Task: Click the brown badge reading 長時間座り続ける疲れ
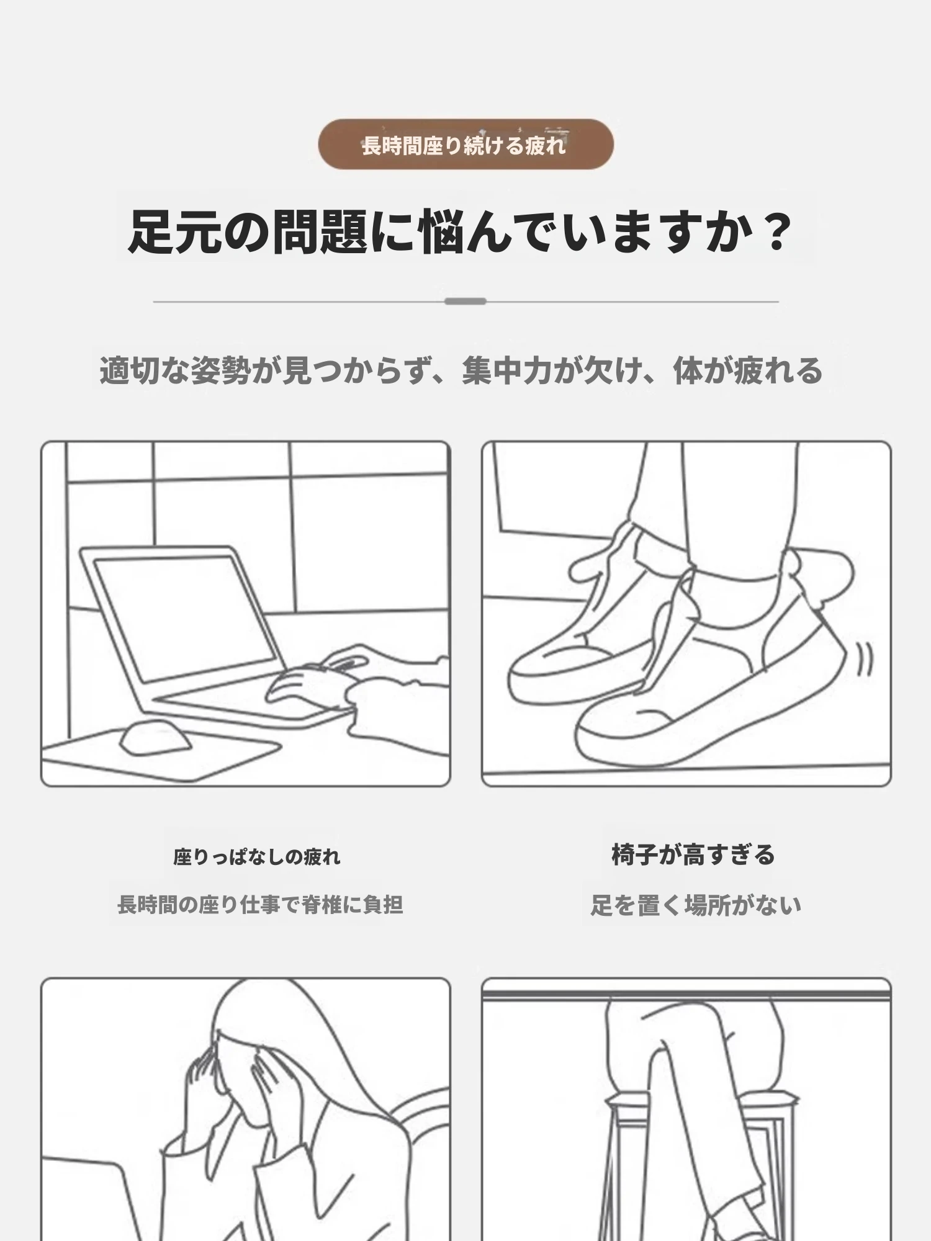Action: tap(465, 145)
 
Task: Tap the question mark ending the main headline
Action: tap(776, 232)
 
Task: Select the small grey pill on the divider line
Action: tap(465, 302)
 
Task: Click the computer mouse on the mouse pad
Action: tap(154, 737)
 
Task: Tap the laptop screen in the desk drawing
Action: tap(184, 618)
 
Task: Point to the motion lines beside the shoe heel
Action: tap(865, 659)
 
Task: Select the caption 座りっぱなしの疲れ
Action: tap(257, 857)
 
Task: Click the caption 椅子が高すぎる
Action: tap(693, 854)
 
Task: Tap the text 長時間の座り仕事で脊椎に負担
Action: tap(260, 905)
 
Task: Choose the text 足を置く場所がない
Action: tap(696, 905)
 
